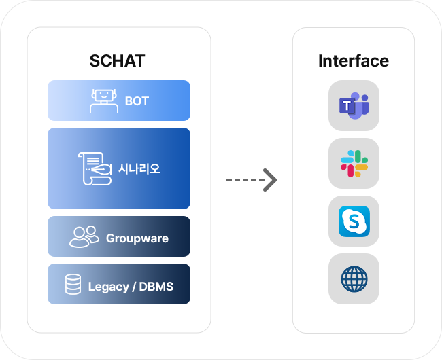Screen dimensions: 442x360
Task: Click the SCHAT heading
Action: [117, 61]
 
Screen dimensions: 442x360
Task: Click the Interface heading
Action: [354, 61]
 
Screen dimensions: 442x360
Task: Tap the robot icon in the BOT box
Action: [104, 101]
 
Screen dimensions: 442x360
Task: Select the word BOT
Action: [137, 101]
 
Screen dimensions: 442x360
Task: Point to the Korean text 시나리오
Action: [139, 169]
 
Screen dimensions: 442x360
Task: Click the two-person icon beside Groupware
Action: [84, 236]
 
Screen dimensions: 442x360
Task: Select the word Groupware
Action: [137, 238]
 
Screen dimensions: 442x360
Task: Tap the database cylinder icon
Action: [73, 285]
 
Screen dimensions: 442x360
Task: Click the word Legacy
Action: [109, 287]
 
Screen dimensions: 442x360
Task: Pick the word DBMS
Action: [156, 287]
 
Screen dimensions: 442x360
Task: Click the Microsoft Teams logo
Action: [354, 105]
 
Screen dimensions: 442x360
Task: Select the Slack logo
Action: [354, 164]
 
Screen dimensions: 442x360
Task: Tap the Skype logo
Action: [354, 221]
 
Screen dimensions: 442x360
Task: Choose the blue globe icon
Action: [354, 279]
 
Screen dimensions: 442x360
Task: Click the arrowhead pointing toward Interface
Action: [270, 180]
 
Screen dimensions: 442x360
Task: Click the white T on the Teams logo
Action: [347, 106]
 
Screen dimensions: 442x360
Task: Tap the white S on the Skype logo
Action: [354, 221]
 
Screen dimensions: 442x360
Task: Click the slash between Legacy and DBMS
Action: [134, 287]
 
